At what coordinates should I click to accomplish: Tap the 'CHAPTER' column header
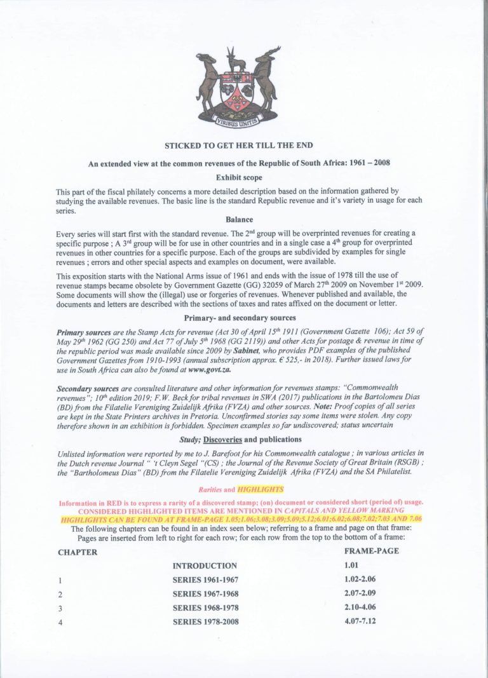[x=78, y=552]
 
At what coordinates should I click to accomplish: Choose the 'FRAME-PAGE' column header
[x=371, y=551]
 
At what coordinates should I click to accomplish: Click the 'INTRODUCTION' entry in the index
[x=205, y=566]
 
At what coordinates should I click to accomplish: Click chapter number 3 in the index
[x=60, y=608]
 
